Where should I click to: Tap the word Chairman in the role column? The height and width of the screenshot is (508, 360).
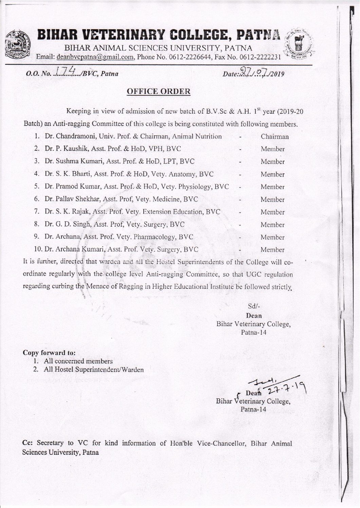[x=274, y=137]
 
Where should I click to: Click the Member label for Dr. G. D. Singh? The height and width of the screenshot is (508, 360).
[x=272, y=225]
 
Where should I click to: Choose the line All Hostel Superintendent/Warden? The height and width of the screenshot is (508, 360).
[x=93, y=370]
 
